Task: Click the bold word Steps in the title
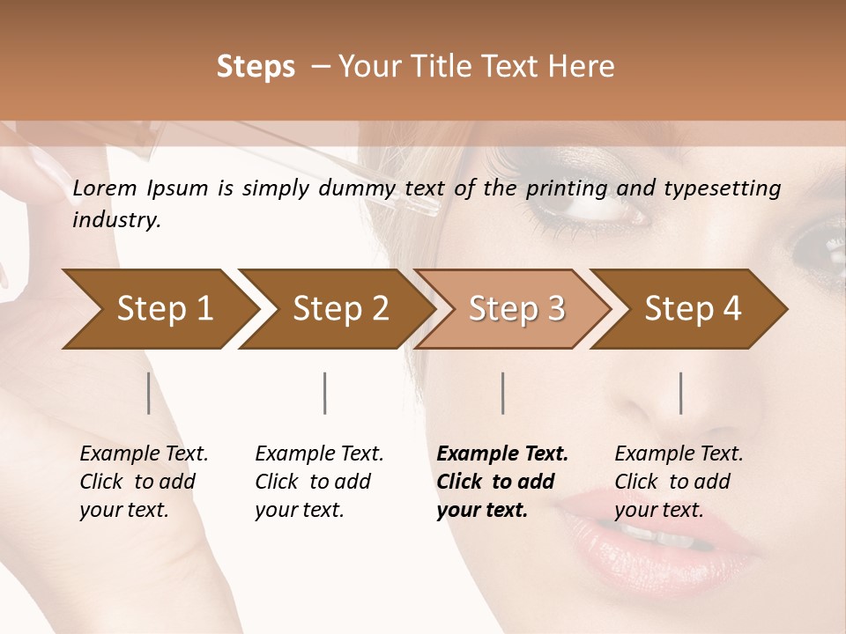tap(256, 67)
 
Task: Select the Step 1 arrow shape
tap(159, 308)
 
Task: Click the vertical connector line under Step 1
tap(148, 393)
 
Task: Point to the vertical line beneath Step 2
tap(325, 393)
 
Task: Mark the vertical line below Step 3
tap(502, 393)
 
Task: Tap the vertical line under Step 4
tap(680, 393)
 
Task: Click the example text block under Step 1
tap(144, 482)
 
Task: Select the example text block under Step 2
tap(319, 482)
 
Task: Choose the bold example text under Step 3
tap(502, 482)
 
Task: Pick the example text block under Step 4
tap(679, 482)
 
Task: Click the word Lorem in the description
tap(105, 188)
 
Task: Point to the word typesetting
tap(729, 188)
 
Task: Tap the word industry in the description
tap(116, 220)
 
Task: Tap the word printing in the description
tap(568, 188)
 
